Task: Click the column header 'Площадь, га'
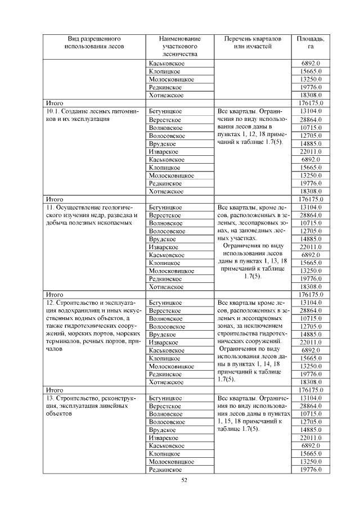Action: tap(310, 43)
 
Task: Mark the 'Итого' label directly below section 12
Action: tap(55, 390)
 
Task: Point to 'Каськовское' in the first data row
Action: tap(167, 64)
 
